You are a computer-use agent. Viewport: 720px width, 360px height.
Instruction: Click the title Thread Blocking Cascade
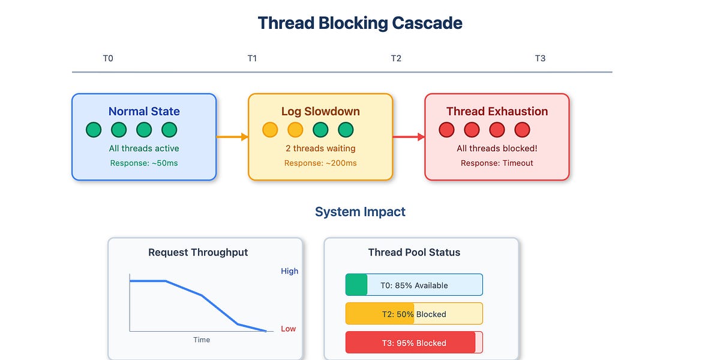pyautogui.click(x=360, y=23)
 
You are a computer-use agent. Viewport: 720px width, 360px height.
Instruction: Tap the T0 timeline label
pyautogui.click(x=108, y=58)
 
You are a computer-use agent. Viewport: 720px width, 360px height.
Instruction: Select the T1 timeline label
pyautogui.click(x=252, y=58)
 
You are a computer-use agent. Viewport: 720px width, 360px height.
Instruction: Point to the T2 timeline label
pyautogui.click(x=396, y=58)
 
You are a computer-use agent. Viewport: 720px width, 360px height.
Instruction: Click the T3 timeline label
pyautogui.click(x=540, y=58)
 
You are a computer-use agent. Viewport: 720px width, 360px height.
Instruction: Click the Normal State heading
pyautogui.click(x=144, y=111)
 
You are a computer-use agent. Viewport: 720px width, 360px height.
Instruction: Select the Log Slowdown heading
pyautogui.click(x=320, y=111)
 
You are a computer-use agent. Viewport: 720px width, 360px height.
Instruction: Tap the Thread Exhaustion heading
pyautogui.click(x=497, y=111)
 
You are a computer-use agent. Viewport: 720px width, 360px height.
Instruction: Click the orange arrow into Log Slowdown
pyautogui.click(x=232, y=137)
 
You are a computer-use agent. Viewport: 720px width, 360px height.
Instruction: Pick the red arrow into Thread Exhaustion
pyautogui.click(x=409, y=137)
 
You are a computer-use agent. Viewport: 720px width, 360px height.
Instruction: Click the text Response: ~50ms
pyautogui.click(x=144, y=163)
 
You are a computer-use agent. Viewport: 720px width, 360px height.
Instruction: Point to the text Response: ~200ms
pyautogui.click(x=320, y=163)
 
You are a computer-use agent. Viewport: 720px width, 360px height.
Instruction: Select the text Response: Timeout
pyautogui.click(x=497, y=163)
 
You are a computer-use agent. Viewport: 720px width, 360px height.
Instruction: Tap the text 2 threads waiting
pyautogui.click(x=320, y=148)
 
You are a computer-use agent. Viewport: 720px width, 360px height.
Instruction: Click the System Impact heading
pyautogui.click(x=360, y=212)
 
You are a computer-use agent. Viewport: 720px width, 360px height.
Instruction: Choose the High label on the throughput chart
pyautogui.click(x=289, y=271)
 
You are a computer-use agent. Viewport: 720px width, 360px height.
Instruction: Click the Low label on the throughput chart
pyautogui.click(x=289, y=329)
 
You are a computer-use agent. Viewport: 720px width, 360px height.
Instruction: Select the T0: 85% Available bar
pyautogui.click(x=414, y=285)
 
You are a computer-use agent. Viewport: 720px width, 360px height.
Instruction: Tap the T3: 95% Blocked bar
pyautogui.click(x=414, y=343)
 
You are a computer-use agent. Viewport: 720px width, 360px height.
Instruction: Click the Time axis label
pyautogui.click(x=202, y=340)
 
